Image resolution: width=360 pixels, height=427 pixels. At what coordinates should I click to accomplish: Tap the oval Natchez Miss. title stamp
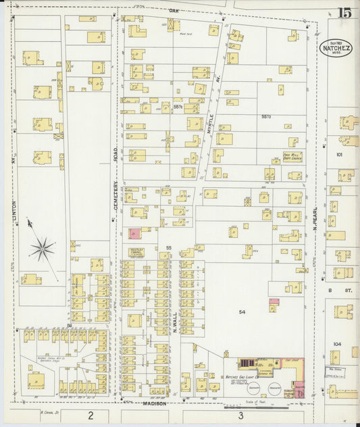point(336,47)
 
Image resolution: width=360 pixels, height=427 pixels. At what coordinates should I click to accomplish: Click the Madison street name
point(155,403)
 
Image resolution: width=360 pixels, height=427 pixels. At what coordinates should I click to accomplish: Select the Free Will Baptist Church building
point(292,157)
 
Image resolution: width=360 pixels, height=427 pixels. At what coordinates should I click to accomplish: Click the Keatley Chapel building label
point(137,251)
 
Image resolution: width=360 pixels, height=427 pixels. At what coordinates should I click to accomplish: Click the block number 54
point(242,311)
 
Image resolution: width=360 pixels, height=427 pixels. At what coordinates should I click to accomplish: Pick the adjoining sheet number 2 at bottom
point(90,414)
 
